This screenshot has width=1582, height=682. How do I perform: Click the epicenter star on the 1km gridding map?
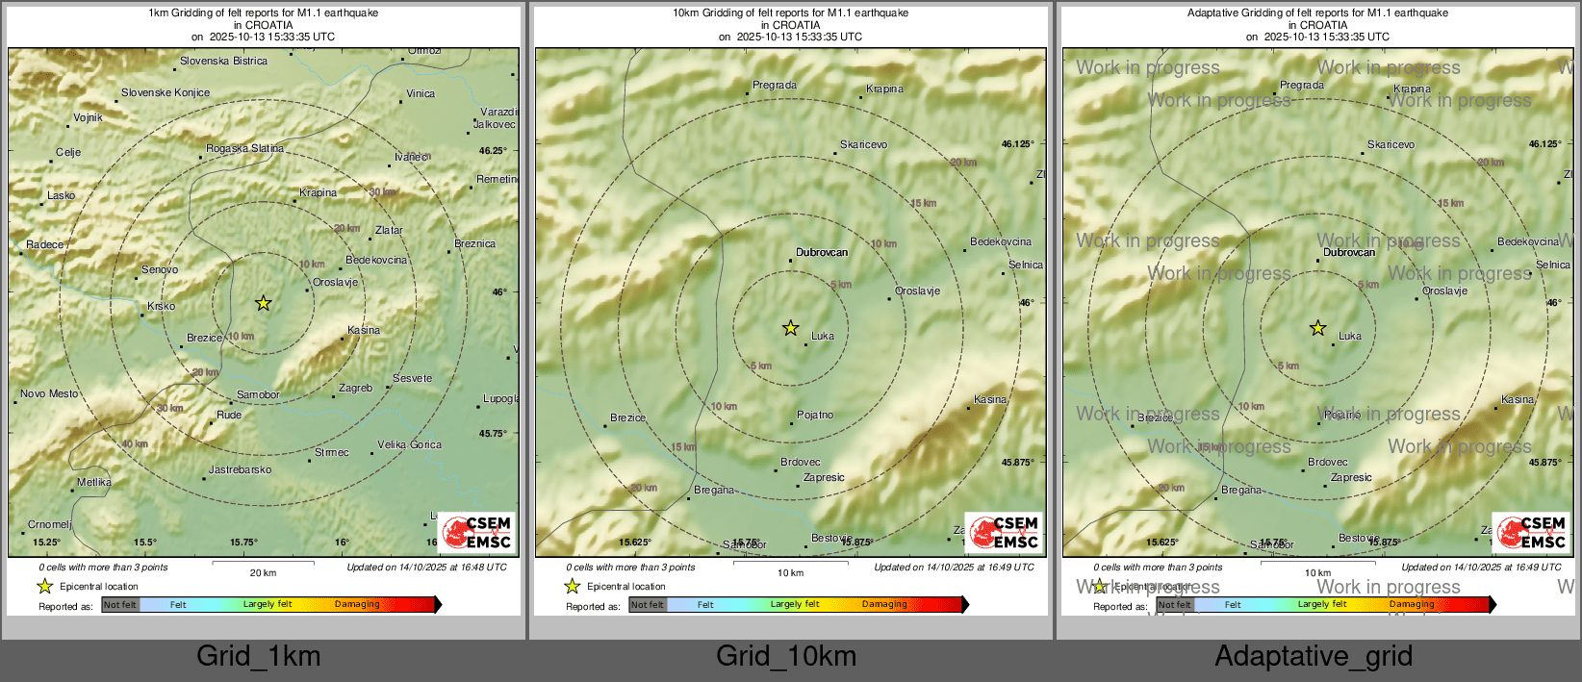point(263,303)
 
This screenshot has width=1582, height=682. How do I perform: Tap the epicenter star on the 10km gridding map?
point(790,328)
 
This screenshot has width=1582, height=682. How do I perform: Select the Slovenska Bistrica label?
point(223,61)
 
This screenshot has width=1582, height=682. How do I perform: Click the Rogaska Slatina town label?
point(244,148)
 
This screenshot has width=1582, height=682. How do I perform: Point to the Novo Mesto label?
point(49,393)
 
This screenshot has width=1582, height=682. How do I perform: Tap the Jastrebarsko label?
point(241,469)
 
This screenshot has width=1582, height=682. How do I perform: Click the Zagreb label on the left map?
point(355,388)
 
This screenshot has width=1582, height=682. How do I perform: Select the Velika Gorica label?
point(409,444)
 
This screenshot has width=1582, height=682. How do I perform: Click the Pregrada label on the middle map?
point(774,85)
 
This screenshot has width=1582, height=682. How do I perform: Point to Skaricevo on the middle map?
point(863,144)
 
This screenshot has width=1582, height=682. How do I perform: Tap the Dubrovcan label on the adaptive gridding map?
point(1349,252)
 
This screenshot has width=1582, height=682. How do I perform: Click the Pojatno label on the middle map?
point(815,415)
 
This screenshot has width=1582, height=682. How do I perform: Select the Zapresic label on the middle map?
point(824,477)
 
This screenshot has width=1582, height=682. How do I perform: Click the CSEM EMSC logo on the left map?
point(477,532)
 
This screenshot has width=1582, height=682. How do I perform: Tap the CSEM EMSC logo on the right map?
point(1532,532)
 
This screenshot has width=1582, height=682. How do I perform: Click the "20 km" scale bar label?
point(263,572)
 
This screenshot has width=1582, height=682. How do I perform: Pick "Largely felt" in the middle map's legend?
point(794,604)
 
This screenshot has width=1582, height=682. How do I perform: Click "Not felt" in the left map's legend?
point(120,604)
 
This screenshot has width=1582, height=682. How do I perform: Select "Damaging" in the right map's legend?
point(1412,604)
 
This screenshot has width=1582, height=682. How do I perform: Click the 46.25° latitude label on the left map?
point(493,150)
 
